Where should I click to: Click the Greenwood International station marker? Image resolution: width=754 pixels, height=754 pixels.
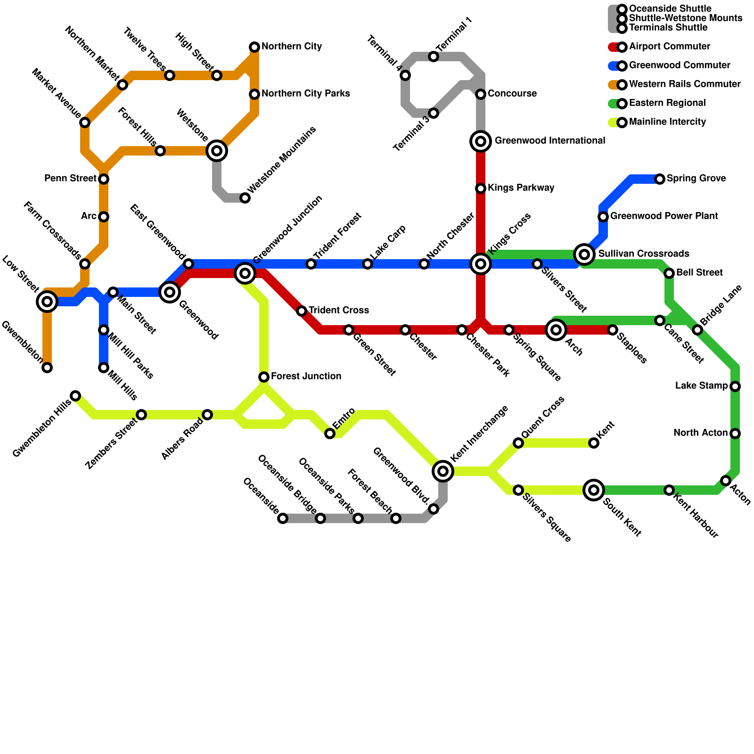point(481,141)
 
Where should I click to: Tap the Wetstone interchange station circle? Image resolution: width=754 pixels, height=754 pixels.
point(217,150)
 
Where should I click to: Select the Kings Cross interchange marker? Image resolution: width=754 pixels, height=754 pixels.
point(481,264)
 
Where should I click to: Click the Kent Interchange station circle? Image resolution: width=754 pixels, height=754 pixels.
point(443,471)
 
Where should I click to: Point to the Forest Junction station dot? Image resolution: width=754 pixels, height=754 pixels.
point(264,377)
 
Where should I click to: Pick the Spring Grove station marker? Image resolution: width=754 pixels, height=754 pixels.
point(660,179)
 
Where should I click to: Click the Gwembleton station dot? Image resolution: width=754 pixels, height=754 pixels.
point(47,368)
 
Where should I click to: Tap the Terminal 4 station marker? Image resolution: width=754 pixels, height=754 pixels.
point(405,75)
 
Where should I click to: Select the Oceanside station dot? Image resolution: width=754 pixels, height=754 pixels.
point(283,518)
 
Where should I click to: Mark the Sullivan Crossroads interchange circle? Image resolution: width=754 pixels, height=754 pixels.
point(584,254)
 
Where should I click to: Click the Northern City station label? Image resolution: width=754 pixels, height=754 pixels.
point(292,47)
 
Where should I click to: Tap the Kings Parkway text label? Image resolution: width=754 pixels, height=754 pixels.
point(521,188)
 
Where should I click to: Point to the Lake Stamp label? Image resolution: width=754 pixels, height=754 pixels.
point(701,386)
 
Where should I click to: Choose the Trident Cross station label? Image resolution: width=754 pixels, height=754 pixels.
point(338,311)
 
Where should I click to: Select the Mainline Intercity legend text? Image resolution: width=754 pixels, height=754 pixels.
point(667,122)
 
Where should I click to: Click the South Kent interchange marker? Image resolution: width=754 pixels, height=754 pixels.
point(594,490)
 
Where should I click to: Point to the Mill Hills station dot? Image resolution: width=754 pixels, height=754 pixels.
point(104,368)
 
